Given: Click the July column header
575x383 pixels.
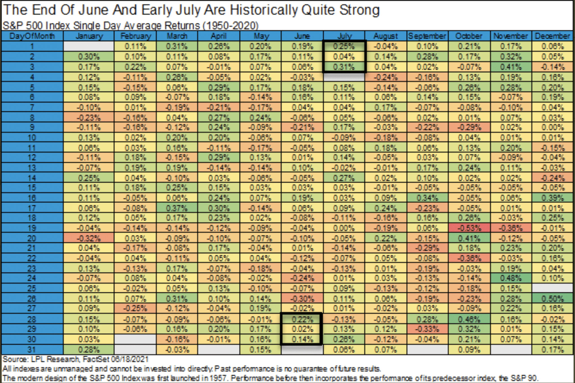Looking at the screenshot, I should (x=344, y=36).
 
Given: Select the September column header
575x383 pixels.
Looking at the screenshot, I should (x=427, y=36).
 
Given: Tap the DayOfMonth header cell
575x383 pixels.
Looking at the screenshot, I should (x=32, y=36).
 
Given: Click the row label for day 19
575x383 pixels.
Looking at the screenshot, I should (x=32, y=228).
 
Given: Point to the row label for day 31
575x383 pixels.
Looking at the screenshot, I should (x=32, y=350).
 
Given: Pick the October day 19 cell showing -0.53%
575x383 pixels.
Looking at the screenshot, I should (x=469, y=228).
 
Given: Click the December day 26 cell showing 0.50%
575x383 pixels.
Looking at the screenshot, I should (x=553, y=299).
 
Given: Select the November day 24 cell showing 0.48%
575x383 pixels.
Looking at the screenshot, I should (x=511, y=278).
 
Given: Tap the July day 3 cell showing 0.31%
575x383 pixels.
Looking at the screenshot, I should (x=344, y=67).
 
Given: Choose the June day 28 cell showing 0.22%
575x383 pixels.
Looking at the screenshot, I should (x=302, y=319).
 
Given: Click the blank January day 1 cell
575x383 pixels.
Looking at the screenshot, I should (x=89, y=46).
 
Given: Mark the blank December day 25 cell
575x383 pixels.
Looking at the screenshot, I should (x=553, y=288).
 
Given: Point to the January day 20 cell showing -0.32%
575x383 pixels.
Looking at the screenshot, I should (x=89, y=238).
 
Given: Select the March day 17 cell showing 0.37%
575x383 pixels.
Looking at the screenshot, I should (x=177, y=208).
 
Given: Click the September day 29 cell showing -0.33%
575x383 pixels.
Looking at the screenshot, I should (x=427, y=329).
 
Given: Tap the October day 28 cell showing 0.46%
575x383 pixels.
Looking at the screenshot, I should (x=469, y=319).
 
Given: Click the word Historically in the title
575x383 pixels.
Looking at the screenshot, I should (x=264, y=10).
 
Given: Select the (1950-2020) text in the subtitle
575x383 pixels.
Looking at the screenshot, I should (x=230, y=26).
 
